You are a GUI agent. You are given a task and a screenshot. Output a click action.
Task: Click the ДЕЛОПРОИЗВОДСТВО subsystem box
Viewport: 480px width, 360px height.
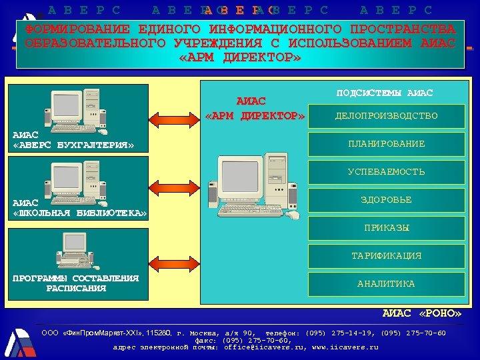click(x=386, y=116)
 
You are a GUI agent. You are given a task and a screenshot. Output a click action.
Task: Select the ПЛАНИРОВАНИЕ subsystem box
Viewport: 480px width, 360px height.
click(x=386, y=144)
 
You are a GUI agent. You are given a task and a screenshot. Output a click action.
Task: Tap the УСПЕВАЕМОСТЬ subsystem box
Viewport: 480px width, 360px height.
click(x=386, y=172)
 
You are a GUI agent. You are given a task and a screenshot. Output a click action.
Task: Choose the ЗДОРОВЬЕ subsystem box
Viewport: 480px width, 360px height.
click(x=386, y=200)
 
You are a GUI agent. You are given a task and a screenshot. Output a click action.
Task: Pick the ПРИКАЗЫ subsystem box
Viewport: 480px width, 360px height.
click(x=386, y=228)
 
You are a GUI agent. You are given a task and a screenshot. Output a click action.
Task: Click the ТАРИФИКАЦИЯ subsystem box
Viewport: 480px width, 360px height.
click(x=386, y=256)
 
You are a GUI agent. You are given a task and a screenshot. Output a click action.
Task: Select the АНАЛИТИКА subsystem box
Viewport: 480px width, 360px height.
click(x=386, y=284)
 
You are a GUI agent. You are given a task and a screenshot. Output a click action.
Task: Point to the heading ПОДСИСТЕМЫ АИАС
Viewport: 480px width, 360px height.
click(x=385, y=93)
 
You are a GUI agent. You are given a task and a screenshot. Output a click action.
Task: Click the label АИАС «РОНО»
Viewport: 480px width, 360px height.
click(x=422, y=313)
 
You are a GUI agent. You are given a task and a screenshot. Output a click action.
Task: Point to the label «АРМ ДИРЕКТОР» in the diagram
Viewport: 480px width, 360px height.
click(x=255, y=117)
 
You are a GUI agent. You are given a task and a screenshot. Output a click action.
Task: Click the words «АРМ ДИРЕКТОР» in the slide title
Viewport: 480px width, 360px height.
click(x=241, y=58)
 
